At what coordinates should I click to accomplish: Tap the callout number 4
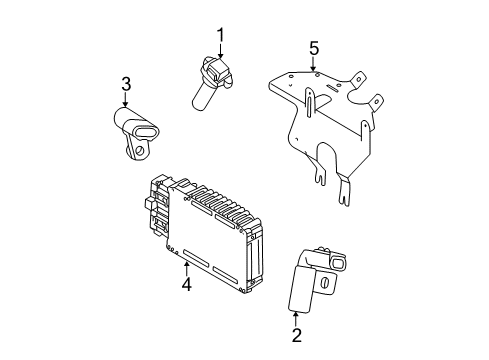coord(186,283)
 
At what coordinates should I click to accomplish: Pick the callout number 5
coord(314,47)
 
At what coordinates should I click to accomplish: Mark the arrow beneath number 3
coord(126,99)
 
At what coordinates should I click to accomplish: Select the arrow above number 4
coord(186,265)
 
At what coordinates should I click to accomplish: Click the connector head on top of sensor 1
coord(216,71)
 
